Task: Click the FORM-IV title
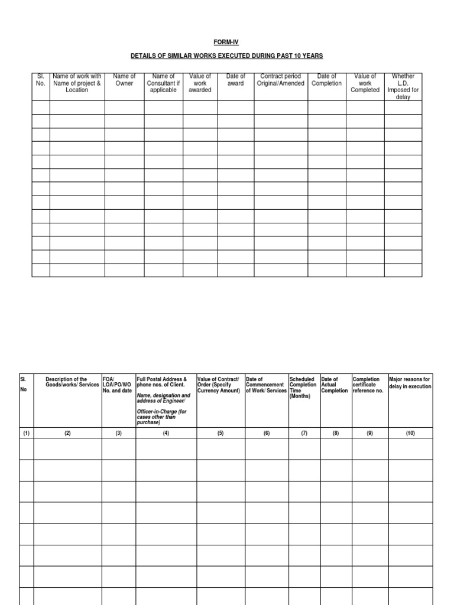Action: coord(227,43)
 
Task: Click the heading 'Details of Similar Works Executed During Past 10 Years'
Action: coord(227,56)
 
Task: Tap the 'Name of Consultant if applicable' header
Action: coord(163,83)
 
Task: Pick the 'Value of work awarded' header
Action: coord(200,83)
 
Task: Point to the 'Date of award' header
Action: coord(235,80)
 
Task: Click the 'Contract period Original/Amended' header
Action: coord(281,80)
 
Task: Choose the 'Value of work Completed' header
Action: coord(365,83)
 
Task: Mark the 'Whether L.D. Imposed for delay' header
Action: coord(403,86)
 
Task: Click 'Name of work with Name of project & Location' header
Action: coord(77,83)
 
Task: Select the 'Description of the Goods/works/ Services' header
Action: coord(67,382)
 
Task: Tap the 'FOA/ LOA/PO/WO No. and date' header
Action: coord(118,385)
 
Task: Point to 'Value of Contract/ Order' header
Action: coord(219,385)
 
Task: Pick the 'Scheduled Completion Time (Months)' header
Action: coord(303,388)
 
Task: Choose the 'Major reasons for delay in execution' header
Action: coord(410,382)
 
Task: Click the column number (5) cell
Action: coord(220,433)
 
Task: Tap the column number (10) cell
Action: coord(410,433)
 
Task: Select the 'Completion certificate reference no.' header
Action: coord(368,385)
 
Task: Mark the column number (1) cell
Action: coord(26,433)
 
